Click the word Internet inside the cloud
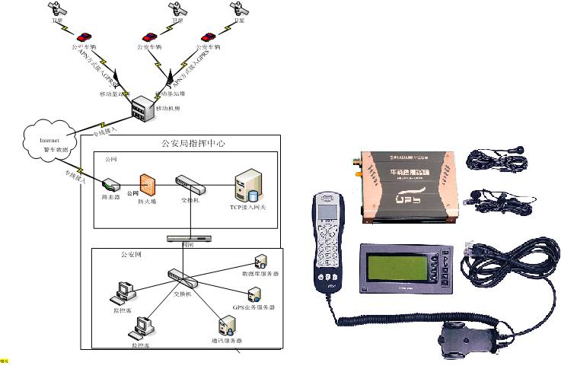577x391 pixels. tap(48, 141)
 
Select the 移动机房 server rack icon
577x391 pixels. tap(142, 110)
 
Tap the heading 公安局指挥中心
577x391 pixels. tap(193, 143)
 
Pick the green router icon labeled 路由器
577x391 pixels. tap(110, 185)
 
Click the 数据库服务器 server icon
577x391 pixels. tap(260, 261)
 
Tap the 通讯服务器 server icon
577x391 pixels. tap(226, 326)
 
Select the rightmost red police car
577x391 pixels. tap(208, 36)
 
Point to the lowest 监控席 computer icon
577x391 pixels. tap(142, 328)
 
